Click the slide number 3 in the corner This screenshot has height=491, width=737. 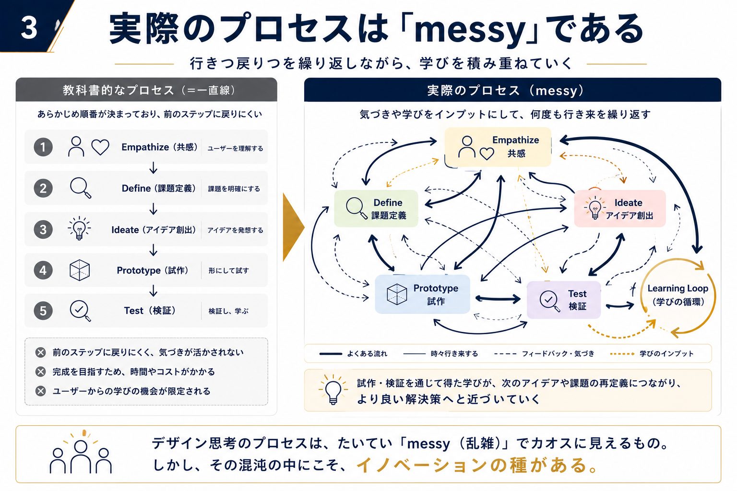pyautogui.click(x=29, y=28)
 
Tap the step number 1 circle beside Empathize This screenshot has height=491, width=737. pyautogui.click(x=43, y=147)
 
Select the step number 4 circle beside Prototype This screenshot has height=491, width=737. pyautogui.click(x=43, y=270)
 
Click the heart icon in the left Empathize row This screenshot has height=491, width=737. pyautogui.click(x=100, y=147)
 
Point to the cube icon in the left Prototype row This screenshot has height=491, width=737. pyautogui.click(x=80, y=270)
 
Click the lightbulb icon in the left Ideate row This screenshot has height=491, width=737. pyautogui.click(x=79, y=228)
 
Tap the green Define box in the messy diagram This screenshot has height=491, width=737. pyautogui.click(x=376, y=209)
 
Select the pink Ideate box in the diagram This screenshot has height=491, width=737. pyautogui.click(x=620, y=209)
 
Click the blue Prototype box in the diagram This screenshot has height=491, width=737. pyautogui.click(x=422, y=294)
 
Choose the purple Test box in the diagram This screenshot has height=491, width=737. pyautogui.click(x=564, y=300)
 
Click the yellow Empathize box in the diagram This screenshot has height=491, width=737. pyautogui.click(x=498, y=147)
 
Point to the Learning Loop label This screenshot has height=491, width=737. pyautogui.click(x=678, y=295)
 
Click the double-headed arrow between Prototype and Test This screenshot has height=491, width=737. pyautogui.click(x=498, y=299)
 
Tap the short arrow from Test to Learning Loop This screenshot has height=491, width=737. pyautogui.click(x=620, y=306)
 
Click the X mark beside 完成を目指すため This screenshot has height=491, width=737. pyautogui.click(x=40, y=372)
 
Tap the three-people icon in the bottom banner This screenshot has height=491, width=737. pyautogui.click(x=81, y=453)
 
